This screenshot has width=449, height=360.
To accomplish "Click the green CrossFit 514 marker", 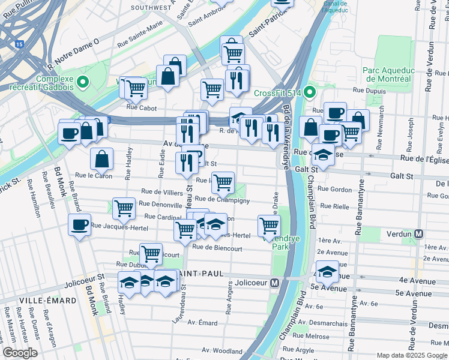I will (x=309, y=92).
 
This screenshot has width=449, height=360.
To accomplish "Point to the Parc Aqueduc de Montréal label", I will (x=387, y=74).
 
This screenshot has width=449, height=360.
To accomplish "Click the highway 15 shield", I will (x=20, y=44).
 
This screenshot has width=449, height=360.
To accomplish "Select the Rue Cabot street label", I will (x=142, y=109).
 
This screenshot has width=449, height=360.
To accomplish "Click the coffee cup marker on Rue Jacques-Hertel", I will (x=79, y=225).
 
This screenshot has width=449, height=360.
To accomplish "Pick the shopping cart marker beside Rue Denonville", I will (x=124, y=208).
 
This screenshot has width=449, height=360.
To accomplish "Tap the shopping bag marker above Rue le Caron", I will (x=102, y=159).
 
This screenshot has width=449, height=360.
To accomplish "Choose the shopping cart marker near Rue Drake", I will (x=269, y=226).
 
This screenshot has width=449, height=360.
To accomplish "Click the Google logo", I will (x=20, y=353).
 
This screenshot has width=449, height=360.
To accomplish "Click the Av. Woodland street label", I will (x=221, y=350).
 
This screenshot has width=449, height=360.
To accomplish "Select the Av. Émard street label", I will (x=202, y=323).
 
